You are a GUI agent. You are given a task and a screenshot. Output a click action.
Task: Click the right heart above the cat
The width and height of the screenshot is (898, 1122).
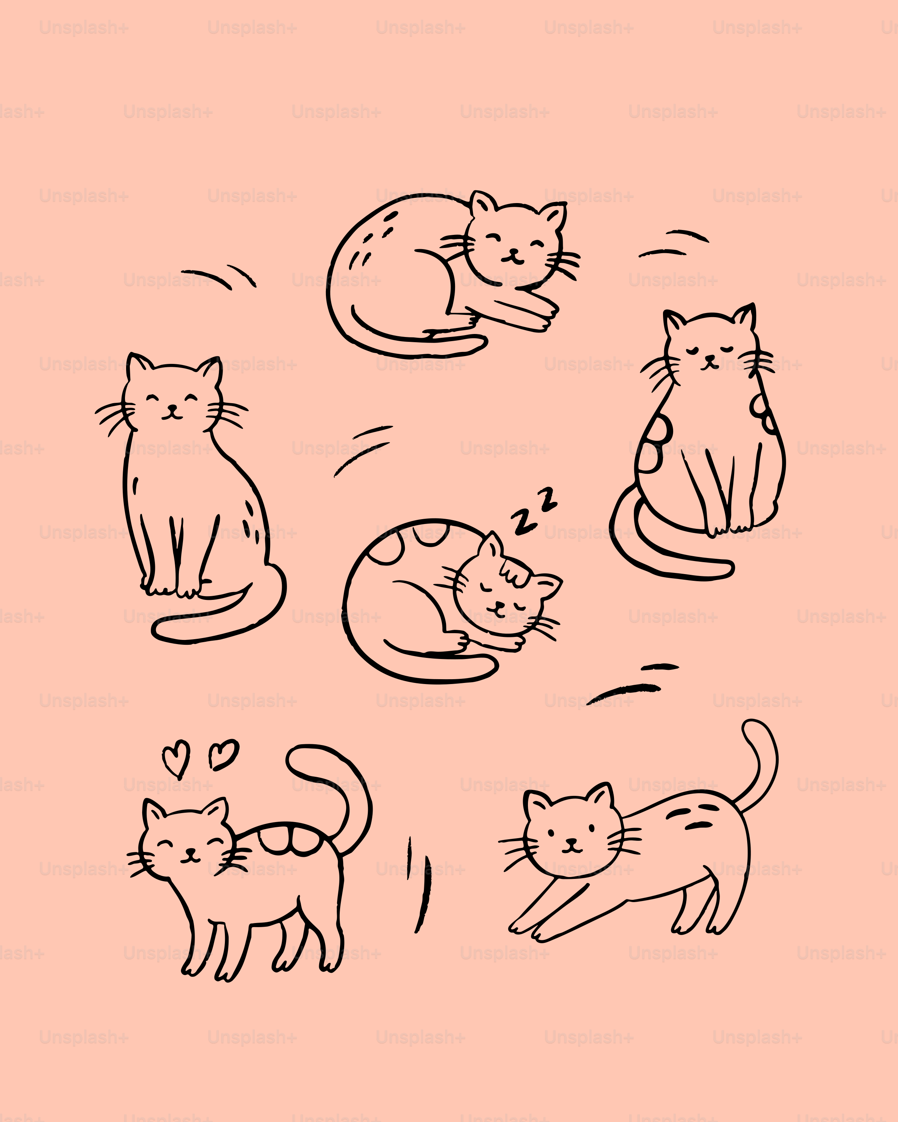tap(224, 754)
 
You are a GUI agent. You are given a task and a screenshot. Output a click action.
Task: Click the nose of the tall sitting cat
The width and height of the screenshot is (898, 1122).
tap(172, 408)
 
